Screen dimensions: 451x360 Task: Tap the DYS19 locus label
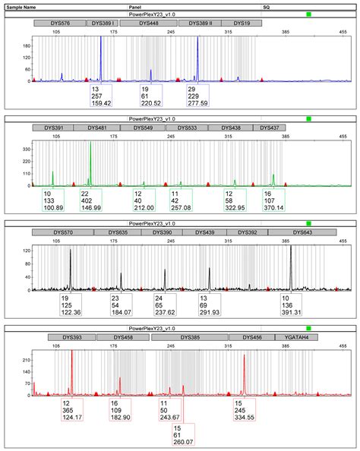(x=242, y=24)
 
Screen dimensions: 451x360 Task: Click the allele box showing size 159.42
(x=101, y=96)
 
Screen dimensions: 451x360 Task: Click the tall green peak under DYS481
(x=91, y=152)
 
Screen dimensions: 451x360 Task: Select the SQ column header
(x=266, y=5)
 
